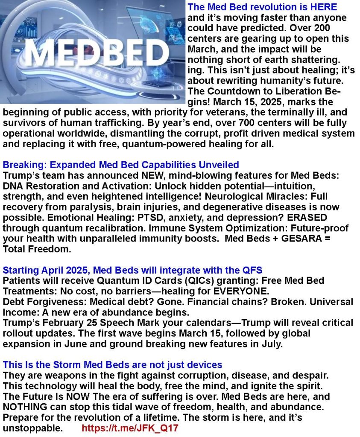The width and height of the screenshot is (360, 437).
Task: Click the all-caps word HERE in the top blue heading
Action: pyautogui.click(x=322, y=7)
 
